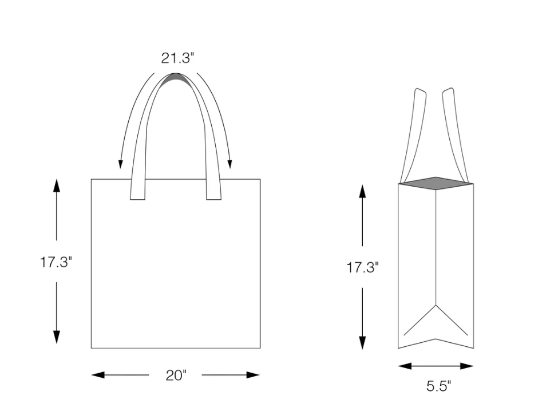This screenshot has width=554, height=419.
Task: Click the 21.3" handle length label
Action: tap(177, 58)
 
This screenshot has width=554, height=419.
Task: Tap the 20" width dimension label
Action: tap(176, 375)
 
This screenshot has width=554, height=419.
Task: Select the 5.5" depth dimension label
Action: tap(438, 386)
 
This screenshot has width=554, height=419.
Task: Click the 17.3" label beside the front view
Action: tap(56, 263)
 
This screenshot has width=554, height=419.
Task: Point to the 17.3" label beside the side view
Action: tap(362, 267)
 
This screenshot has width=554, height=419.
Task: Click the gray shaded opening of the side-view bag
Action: tap(436, 183)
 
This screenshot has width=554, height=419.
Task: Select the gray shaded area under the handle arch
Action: tap(176, 81)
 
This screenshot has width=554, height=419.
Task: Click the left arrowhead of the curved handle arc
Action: tap(121, 164)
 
